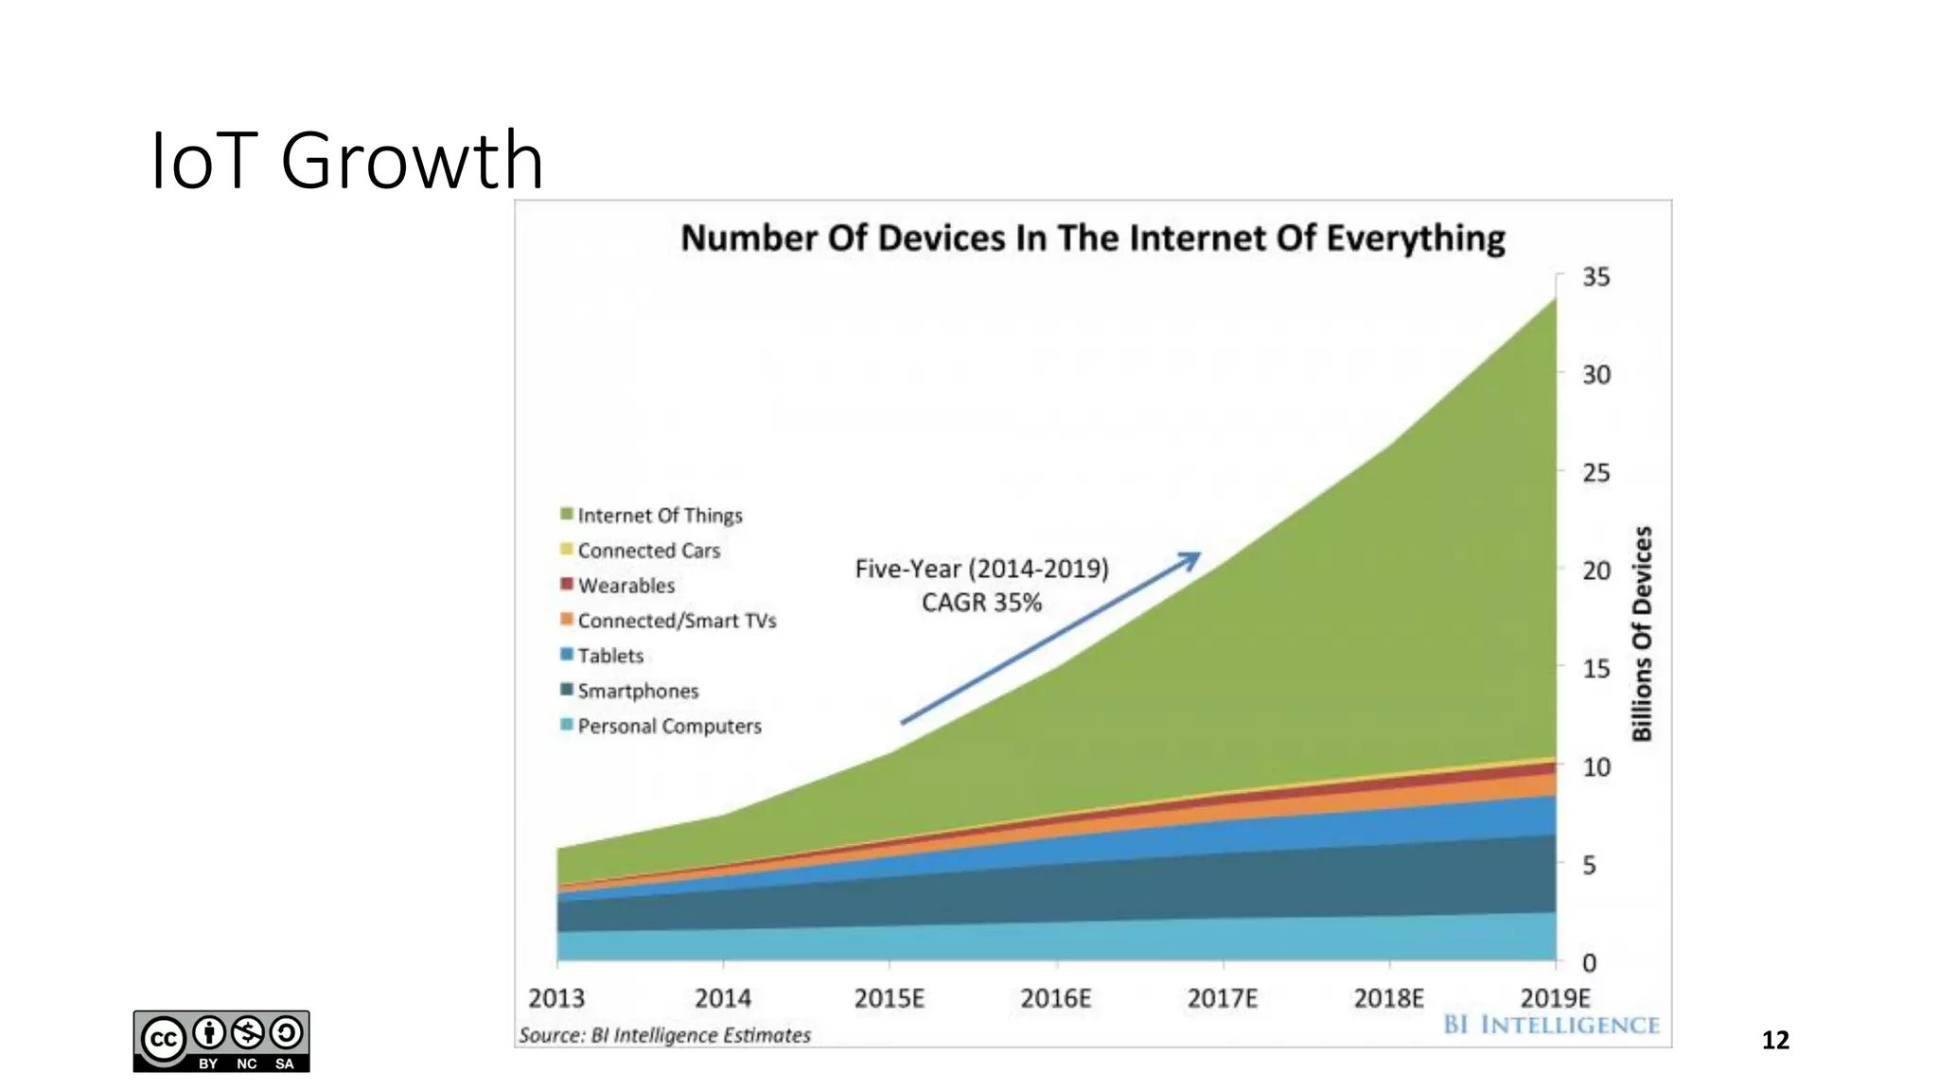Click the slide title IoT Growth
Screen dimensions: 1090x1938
346,161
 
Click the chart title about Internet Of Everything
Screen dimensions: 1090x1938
1092,237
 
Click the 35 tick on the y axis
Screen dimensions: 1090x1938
1595,277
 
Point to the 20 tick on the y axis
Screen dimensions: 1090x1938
1595,571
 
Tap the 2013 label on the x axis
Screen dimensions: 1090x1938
556,998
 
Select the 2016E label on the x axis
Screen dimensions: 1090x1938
1055,998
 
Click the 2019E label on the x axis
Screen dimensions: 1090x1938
1555,998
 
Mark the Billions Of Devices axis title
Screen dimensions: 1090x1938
1642,633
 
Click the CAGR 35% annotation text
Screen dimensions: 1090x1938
981,603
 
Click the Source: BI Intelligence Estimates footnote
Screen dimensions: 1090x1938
664,1035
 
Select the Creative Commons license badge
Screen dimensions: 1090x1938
221,1041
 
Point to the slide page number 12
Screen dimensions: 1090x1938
1775,1040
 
